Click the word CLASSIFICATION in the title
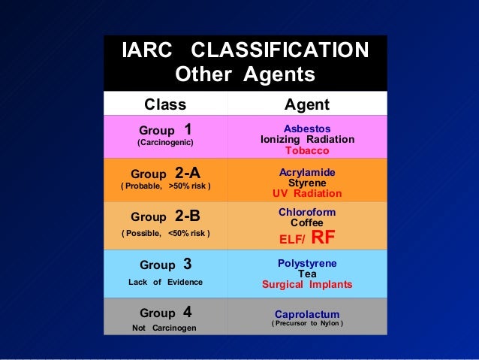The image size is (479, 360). coord(280,50)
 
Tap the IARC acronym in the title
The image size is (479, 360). coord(148,50)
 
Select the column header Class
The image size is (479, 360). coord(164,104)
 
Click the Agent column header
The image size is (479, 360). coord(307,104)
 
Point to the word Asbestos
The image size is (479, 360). coord(307,129)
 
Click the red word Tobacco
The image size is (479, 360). coord(307,150)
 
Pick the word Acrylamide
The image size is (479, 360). coord(307,172)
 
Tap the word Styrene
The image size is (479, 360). coord(307,183)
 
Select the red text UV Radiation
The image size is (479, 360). coord(307,193)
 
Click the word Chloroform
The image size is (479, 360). coord(307,212)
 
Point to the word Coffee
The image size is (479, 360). coord(307,222)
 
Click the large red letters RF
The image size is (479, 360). coord(323,238)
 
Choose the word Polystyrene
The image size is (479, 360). coord(307,263)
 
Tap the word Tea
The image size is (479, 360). coord(307,274)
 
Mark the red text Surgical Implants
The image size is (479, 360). coord(307,285)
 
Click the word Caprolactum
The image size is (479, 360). coord(307,314)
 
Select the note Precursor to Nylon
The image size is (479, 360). coord(307,324)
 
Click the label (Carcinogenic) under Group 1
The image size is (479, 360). coord(164,142)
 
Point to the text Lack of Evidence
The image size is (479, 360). coord(165,282)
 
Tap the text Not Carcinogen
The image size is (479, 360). coord(165,328)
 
